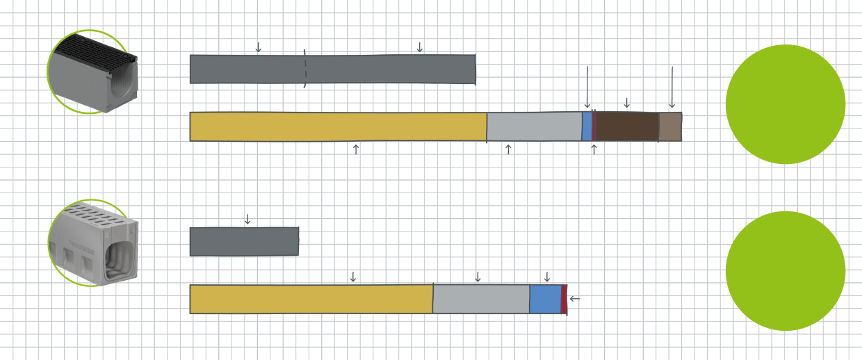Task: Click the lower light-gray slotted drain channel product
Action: pos(94,243)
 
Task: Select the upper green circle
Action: pos(786,104)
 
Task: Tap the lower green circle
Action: pos(786,271)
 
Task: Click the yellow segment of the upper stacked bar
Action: pos(338,126)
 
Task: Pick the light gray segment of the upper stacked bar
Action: pos(534,126)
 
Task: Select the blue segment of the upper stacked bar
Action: pos(587,126)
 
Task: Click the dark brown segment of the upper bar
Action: pos(626,126)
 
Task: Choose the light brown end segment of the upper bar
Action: pos(670,126)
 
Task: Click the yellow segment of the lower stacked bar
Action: pos(311,299)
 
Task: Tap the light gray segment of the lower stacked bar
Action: pos(481,299)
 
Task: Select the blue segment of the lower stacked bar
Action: pos(545,299)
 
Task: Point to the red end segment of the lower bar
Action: pos(564,299)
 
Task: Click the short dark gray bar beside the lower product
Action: pos(244,241)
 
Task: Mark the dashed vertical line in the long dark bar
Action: pos(304,69)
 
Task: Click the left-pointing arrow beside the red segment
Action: pos(574,299)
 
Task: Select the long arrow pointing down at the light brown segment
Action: pos(672,87)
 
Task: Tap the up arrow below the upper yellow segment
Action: pos(356,148)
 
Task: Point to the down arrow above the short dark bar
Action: pos(247,220)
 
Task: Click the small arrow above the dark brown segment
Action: pos(627,103)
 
